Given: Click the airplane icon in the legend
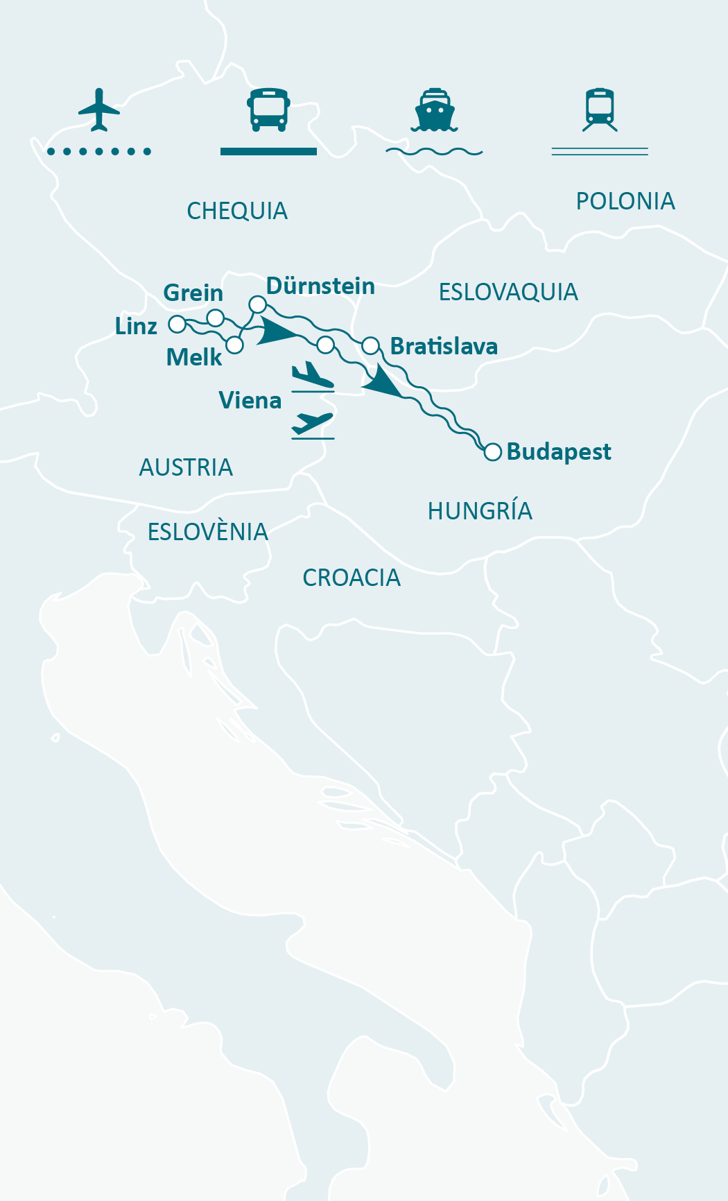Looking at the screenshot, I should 99,109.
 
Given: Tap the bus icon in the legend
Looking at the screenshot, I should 268,110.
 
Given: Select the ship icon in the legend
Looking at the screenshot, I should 434,110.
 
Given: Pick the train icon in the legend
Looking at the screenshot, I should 600,110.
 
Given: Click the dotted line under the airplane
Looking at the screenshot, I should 99,151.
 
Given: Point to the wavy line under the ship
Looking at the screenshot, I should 434,151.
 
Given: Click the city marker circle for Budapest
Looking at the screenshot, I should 492,452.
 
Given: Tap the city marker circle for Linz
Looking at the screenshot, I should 177,324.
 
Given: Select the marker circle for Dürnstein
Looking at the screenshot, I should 257,304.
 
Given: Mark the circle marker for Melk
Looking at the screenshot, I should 235,345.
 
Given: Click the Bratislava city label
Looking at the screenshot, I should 444,346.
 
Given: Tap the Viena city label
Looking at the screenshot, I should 250,400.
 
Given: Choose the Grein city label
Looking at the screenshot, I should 193,293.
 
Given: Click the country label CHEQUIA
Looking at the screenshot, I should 237,211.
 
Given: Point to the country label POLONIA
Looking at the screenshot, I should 625,201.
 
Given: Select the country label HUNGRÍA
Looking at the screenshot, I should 480,511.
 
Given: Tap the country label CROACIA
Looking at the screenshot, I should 352,578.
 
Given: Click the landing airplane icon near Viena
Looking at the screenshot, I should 313,377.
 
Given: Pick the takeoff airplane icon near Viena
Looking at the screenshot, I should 313,424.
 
